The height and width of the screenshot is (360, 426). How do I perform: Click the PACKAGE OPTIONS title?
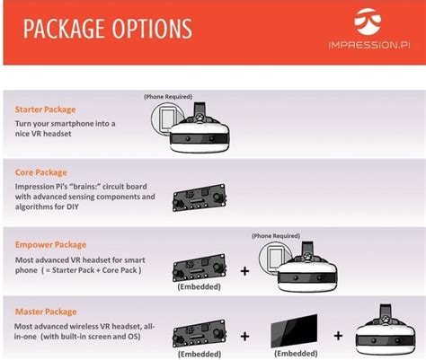click(x=108, y=29)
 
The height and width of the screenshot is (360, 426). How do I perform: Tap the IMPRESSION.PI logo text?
click(x=369, y=45)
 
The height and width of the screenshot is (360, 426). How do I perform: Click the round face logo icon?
click(x=368, y=22)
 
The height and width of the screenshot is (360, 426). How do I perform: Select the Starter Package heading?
click(x=45, y=110)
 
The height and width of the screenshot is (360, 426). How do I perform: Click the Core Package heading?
click(x=41, y=172)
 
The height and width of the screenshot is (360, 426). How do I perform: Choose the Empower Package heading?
click(x=50, y=245)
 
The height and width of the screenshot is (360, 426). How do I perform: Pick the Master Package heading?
click(x=46, y=312)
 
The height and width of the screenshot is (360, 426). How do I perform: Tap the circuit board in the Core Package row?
click(x=200, y=198)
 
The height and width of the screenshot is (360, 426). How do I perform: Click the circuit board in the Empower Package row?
click(x=200, y=268)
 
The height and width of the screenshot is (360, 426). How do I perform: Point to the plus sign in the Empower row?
click(x=244, y=271)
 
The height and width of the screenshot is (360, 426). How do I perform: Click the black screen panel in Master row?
click(x=294, y=330)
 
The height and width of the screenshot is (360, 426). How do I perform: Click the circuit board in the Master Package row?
click(x=200, y=334)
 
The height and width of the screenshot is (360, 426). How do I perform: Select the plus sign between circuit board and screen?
click(x=244, y=337)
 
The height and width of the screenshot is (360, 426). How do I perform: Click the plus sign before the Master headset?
click(x=338, y=336)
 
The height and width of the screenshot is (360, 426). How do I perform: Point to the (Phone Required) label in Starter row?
click(x=168, y=97)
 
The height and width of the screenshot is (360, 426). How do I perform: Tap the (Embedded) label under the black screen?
click(x=296, y=354)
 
